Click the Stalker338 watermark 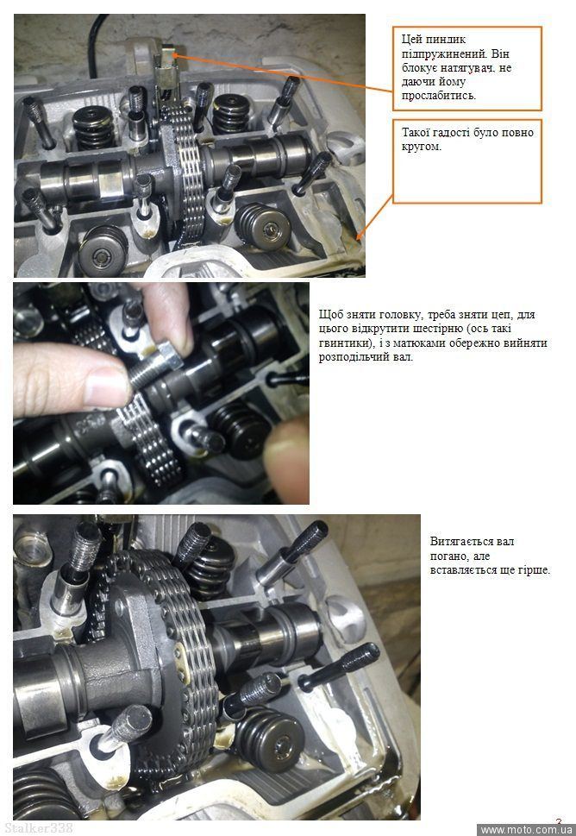click(x=38, y=828)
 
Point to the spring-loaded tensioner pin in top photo click(x=167, y=53)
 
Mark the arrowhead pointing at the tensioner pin click(x=175, y=55)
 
